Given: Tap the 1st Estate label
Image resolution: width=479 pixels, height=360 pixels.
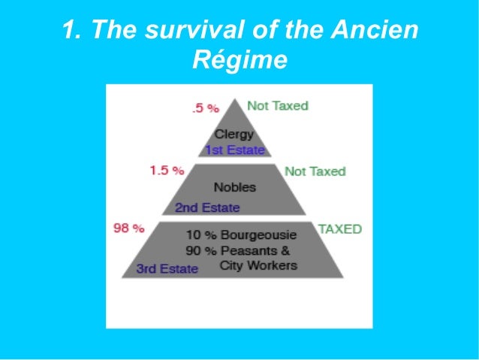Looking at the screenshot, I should pyautogui.click(x=235, y=150).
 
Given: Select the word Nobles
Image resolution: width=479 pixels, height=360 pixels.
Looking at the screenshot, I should pyautogui.click(x=235, y=187).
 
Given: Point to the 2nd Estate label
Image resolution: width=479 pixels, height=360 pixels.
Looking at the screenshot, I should pyautogui.click(x=207, y=207).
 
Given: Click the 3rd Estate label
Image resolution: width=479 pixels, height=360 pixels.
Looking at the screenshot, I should pyautogui.click(x=167, y=268).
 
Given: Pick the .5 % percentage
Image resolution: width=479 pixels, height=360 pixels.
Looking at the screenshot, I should pyautogui.click(x=205, y=108).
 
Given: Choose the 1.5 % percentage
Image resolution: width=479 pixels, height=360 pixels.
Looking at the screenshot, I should pyautogui.click(x=167, y=171).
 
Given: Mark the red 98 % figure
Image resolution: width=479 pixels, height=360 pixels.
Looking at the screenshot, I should pyautogui.click(x=128, y=228).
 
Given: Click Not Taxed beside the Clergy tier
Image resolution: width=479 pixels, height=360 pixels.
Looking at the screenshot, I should pyautogui.click(x=278, y=106).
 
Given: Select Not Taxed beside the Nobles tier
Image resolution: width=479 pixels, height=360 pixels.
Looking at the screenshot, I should pyautogui.click(x=315, y=171).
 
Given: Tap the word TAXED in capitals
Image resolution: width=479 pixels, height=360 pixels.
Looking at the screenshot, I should pyautogui.click(x=340, y=228).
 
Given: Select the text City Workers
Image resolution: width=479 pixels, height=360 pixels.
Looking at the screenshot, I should pyautogui.click(x=258, y=265).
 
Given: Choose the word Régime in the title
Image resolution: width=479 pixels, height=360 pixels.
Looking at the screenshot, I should pyautogui.click(x=239, y=59).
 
